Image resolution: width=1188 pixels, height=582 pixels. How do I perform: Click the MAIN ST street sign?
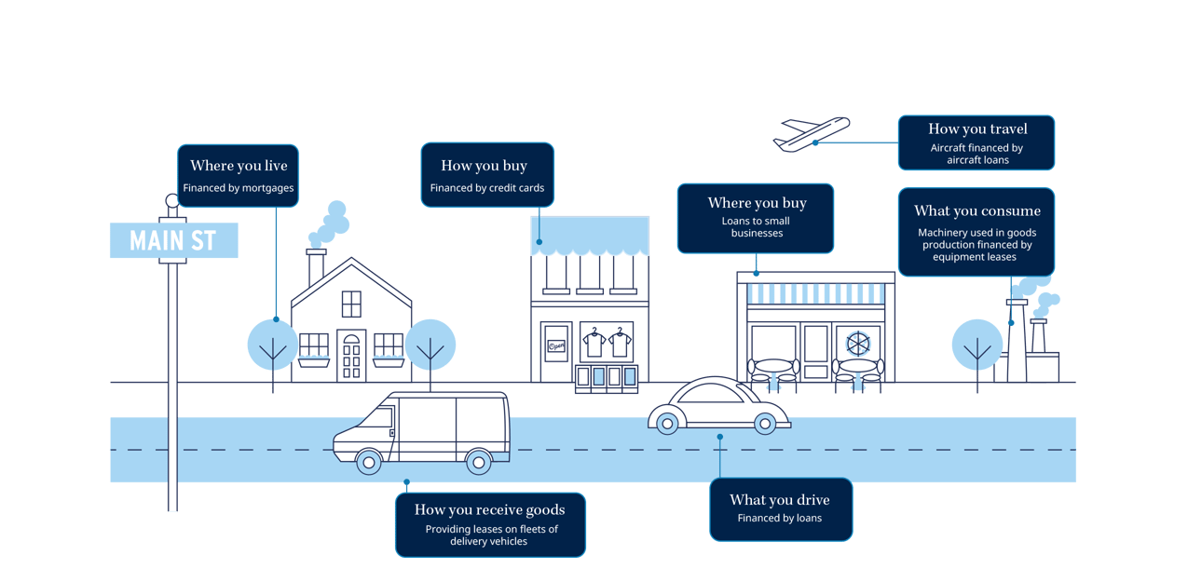coord(173,241)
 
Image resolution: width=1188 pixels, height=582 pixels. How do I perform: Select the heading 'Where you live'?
coord(239,166)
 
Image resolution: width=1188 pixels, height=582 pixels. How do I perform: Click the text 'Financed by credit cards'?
coord(486,188)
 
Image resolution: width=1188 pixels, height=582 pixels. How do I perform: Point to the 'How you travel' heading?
coord(976,129)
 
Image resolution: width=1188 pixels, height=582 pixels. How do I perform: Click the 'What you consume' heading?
coord(976,210)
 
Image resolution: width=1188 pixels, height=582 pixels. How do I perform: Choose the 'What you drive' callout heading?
coord(779,500)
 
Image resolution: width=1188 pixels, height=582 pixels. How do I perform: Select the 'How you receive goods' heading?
coord(489,509)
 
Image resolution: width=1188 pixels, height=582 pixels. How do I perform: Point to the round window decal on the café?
coord(857,342)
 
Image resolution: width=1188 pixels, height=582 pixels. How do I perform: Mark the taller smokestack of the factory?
coord(1016,340)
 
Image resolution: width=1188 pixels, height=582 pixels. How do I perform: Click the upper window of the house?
coord(350,304)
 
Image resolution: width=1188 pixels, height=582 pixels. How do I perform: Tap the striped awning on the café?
coord(816,294)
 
